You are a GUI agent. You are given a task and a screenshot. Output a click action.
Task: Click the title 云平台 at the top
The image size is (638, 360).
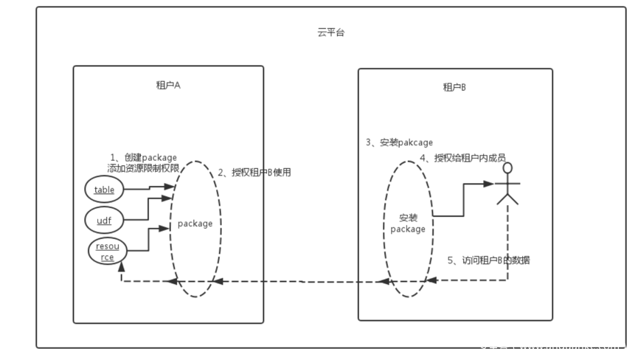tap(330, 33)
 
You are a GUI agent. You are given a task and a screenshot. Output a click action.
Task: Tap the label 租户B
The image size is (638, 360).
tap(454, 87)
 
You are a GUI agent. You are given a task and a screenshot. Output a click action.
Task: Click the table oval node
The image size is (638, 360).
tap(104, 190)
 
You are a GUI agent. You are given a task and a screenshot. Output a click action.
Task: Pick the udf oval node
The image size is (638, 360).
tap(104, 219)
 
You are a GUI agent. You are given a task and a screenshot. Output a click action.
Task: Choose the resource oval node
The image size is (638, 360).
tap(108, 252)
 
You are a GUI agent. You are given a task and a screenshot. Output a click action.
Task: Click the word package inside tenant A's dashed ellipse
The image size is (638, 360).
tap(195, 223)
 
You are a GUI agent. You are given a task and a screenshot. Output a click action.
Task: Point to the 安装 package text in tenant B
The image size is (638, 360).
tap(408, 223)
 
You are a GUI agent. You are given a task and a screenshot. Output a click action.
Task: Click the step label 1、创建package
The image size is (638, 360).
tap(143, 157)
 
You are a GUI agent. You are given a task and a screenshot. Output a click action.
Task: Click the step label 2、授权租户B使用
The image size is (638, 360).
tap(254, 173)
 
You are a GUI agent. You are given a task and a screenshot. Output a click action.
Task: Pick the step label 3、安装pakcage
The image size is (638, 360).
tap(399, 142)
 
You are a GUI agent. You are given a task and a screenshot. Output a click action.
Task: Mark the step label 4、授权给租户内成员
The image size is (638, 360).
tap(462, 157)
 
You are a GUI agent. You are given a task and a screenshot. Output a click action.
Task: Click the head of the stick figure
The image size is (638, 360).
tap(507, 169)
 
